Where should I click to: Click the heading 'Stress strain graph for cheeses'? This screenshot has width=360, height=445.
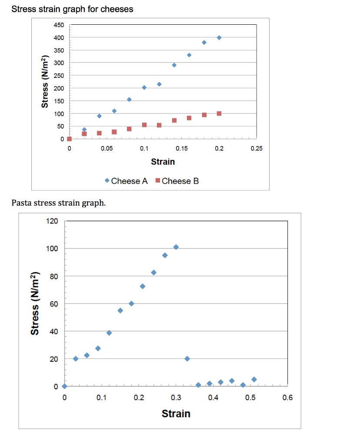[72, 9]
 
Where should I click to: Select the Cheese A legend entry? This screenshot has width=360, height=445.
[126, 181]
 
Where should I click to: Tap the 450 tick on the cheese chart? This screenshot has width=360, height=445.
[59, 25]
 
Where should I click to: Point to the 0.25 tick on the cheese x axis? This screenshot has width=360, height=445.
[257, 149]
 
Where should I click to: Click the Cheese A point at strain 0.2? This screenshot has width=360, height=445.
[219, 38]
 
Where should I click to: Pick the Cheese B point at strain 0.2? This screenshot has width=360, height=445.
[219, 113]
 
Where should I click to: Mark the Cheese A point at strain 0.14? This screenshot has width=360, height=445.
[174, 65]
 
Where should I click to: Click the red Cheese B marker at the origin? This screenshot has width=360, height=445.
[70, 139]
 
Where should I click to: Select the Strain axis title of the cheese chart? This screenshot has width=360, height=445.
[163, 162]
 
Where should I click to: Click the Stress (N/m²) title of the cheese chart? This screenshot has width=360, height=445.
[44, 82]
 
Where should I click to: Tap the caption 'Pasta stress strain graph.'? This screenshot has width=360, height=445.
[58, 203]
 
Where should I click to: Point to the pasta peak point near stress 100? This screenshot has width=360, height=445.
[176, 247]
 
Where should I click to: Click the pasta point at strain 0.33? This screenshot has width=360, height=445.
[187, 359]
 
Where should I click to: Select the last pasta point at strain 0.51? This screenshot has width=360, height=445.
[254, 379]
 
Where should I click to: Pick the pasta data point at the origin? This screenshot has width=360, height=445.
[64, 386]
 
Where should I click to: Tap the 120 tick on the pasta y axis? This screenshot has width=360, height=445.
[51, 221]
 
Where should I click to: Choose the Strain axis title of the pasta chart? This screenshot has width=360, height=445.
[176, 413]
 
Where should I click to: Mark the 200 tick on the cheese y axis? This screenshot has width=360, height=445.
[59, 88]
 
